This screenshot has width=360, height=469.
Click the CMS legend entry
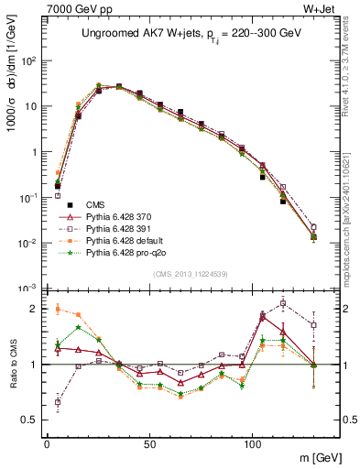pyautogui.click(x=95, y=204)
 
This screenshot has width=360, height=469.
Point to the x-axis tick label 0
pyautogui.click(x=47, y=442)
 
